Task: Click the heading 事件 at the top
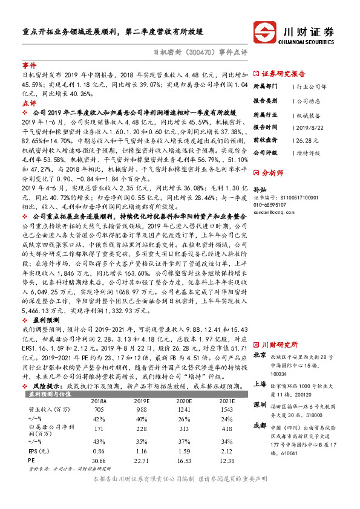point(29,64)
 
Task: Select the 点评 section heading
point(29,103)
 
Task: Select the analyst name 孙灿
point(260,189)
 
